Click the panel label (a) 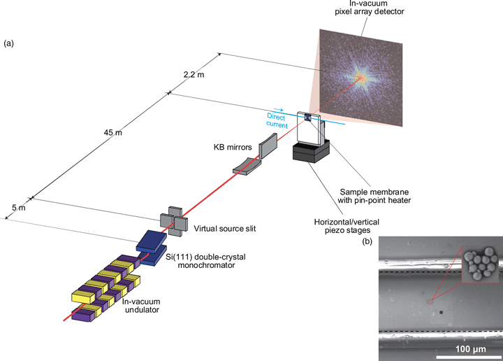8,43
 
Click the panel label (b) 367,242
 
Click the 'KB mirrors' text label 232,148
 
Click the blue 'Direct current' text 277,120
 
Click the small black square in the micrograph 441,313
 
